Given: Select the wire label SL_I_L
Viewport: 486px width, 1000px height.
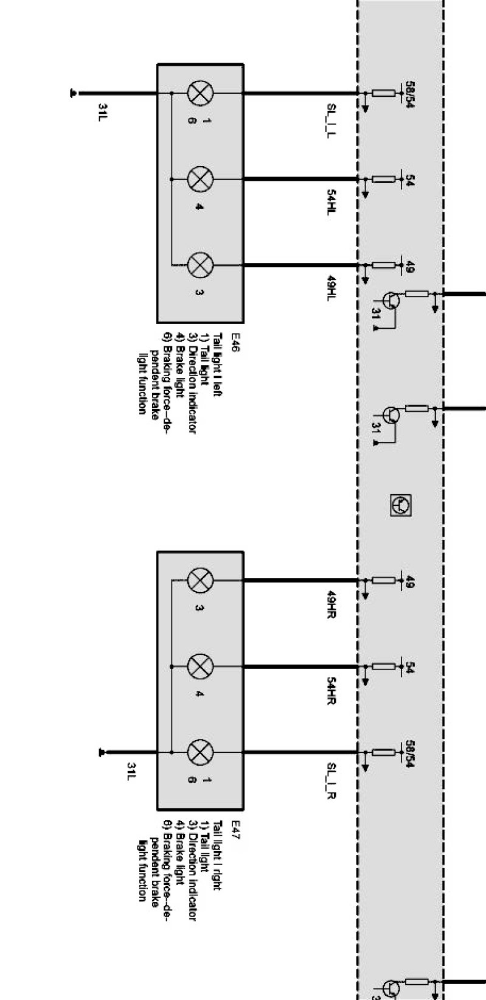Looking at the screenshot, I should tap(332, 121).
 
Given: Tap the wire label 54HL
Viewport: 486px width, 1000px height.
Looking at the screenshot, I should tap(332, 203).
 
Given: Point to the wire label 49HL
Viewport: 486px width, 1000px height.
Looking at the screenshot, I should tap(332, 289).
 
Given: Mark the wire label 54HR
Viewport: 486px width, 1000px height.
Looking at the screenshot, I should tap(332, 690).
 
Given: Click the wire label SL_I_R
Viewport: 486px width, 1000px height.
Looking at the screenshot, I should tap(332, 780).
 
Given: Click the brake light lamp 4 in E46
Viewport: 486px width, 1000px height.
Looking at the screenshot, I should tap(200, 180).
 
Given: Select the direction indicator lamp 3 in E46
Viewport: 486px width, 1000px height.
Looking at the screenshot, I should tap(200, 265).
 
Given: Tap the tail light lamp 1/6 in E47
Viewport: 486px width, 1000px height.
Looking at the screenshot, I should tap(200, 752).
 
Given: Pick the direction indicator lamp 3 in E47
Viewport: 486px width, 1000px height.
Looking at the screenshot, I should tap(200, 580).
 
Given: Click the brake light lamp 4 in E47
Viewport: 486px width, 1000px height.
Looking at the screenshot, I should tap(200, 666).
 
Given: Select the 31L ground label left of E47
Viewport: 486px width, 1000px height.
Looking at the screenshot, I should tap(131, 769).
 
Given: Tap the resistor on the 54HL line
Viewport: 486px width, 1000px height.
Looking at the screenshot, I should tap(383, 180).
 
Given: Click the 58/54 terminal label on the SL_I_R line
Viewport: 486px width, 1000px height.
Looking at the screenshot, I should tap(409, 753).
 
